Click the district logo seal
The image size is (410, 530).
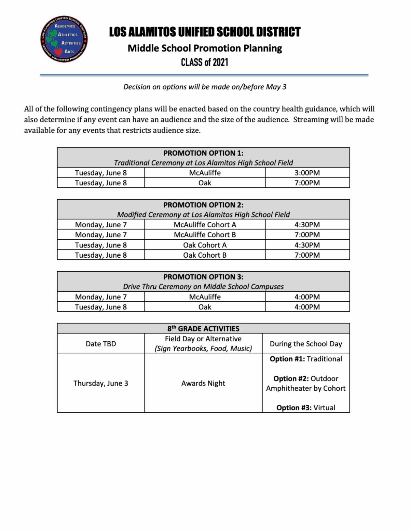(64, 39)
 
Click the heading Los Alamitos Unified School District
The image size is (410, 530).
(205, 32)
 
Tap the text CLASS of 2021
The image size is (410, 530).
(205, 62)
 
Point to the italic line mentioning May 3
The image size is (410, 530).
(205, 87)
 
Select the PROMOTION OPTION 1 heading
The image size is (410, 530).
(203, 153)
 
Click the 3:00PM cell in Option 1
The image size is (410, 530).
(307, 173)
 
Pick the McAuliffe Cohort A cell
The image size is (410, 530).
(205, 225)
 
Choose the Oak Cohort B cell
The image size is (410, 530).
(205, 255)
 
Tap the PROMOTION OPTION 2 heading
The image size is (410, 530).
(203, 205)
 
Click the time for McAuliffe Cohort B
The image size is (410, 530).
(307, 235)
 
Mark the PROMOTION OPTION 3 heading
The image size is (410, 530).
(203, 277)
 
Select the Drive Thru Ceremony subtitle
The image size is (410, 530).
(203, 286)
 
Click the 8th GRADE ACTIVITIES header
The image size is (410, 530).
(203, 329)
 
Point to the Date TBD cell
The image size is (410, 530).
(101, 344)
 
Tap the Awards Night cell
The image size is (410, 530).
(203, 383)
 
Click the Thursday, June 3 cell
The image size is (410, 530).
(101, 383)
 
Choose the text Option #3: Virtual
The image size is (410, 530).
(306, 407)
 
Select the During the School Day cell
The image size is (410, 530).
(306, 344)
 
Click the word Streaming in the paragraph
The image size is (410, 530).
(310, 119)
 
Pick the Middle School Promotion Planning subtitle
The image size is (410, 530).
(205, 48)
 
